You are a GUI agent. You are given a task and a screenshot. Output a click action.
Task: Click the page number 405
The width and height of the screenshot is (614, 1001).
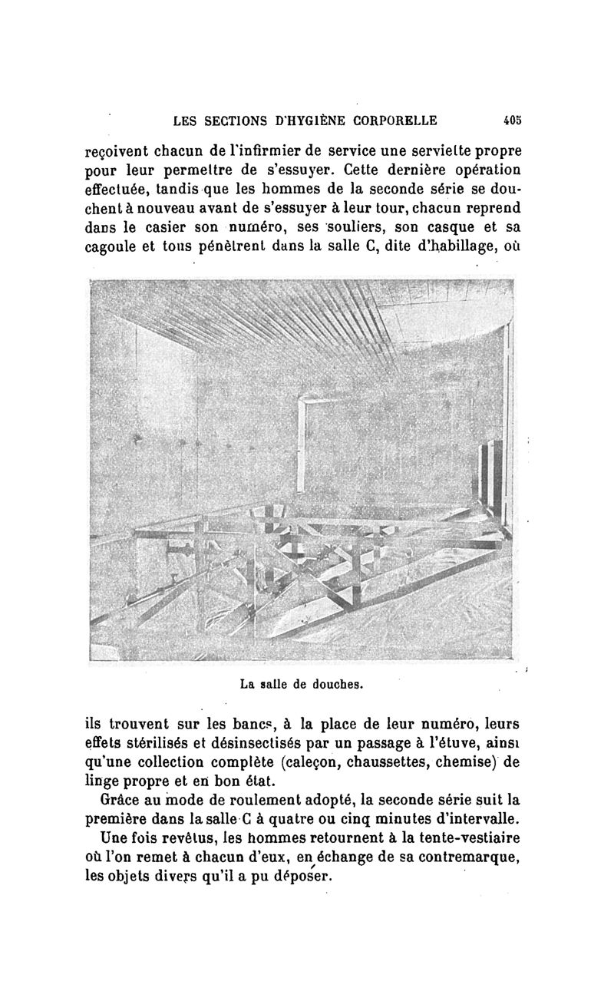[512, 120]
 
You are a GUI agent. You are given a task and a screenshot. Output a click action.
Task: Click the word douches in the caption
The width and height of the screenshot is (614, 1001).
[327, 682]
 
